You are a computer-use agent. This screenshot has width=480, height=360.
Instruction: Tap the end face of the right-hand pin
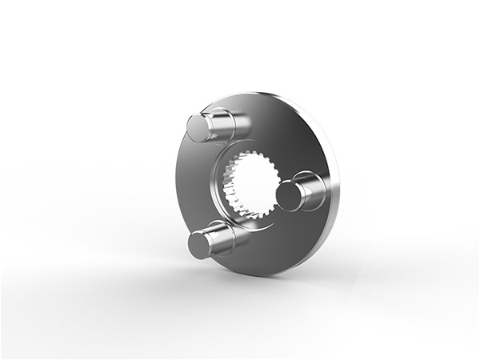(x=288, y=195)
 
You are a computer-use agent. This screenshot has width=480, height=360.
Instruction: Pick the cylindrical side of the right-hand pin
(x=309, y=190)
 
